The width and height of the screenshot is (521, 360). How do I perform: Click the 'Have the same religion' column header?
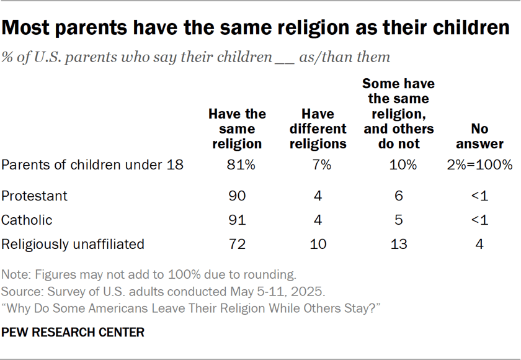pos(237,129)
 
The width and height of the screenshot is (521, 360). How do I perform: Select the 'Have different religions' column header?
pos(318,129)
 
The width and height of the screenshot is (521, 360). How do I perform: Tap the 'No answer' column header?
pos(479,137)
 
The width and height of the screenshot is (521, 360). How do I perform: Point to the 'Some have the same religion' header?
pos(398,114)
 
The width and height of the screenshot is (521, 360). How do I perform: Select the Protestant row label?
pos(34,196)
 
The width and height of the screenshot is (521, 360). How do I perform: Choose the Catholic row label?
pos(27,220)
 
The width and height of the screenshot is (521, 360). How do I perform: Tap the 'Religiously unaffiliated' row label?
pos(73,244)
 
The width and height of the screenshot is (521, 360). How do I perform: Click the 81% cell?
pos(237,165)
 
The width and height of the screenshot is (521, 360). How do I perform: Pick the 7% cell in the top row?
pos(318,165)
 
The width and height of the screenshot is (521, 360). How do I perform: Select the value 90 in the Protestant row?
pos(237,196)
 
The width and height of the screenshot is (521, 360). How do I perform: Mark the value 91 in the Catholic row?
pos(237,220)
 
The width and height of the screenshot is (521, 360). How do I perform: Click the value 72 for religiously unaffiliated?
pos(237,244)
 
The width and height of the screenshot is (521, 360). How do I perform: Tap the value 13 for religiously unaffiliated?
pos(399,244)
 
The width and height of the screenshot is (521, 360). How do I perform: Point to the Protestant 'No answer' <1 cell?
pos(479,196)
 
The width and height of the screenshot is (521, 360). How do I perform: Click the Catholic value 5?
pos(399,220)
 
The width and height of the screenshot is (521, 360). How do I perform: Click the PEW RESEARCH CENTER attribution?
pos(73,333)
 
